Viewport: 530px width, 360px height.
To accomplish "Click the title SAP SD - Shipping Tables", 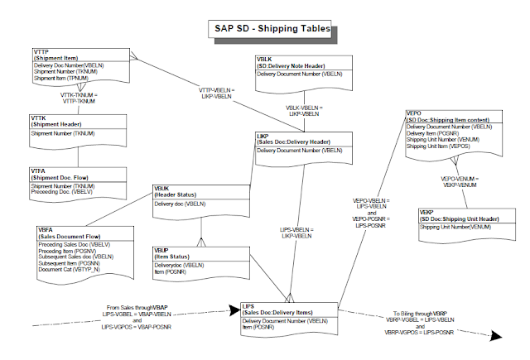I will coord(269,29).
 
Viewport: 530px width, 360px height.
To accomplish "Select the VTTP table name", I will coord(43,52).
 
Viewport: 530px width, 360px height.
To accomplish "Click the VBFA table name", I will coord(46,228).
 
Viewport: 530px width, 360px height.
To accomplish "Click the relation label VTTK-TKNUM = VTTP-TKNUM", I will coord(80,98).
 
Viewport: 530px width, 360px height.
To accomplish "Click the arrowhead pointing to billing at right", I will coord(497,335).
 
